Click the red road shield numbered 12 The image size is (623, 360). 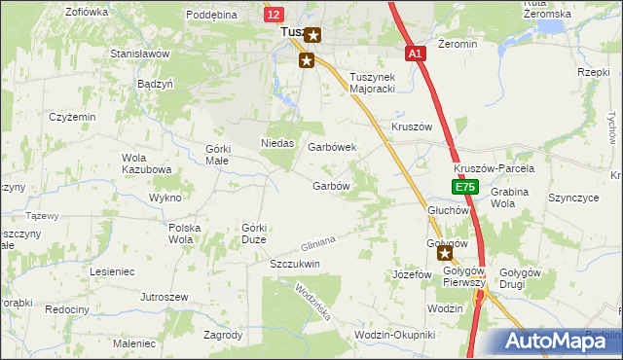(274, 14)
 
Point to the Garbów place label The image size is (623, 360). (331, 185)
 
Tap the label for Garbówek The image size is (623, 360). (333, 147)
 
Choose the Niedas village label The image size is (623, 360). (277, 143)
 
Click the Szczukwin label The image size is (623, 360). (295, 264)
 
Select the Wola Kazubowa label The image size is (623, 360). (145, 163)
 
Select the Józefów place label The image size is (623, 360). (412, 274)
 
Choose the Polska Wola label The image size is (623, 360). (184, 233)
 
